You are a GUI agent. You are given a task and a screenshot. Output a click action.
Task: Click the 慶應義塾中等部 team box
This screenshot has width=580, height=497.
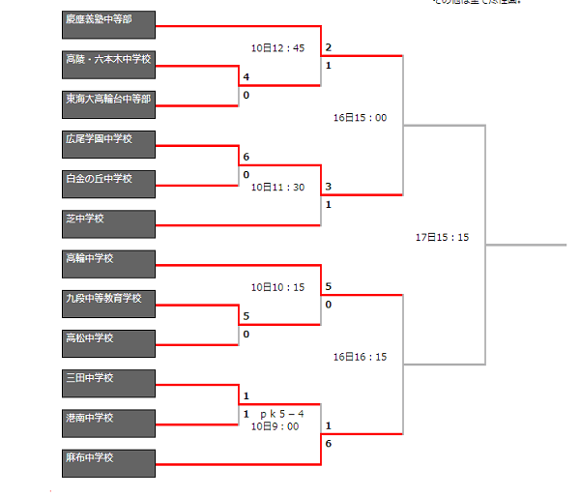pos(108,25)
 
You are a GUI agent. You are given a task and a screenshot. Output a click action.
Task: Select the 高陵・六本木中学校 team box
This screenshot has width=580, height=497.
pos(108,65)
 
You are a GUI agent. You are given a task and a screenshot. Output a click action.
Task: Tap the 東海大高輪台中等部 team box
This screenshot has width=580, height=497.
pos(108,104)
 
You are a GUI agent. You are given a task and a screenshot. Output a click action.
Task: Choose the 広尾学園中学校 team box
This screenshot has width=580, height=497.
pos(108,145)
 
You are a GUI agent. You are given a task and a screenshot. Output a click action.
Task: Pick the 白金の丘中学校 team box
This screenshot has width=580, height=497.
pos(108,185)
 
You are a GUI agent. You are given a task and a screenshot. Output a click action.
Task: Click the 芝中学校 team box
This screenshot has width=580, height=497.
pos(108,224)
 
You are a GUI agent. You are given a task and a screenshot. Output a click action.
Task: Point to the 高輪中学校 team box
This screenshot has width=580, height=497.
pos(108,264)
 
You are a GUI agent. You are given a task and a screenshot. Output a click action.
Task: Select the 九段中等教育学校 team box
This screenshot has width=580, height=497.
pos(108,304)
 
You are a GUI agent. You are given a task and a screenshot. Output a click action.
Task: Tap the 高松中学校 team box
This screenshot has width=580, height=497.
pos(108,344)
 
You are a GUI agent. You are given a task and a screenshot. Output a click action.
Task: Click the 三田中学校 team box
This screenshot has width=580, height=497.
pos(108,384)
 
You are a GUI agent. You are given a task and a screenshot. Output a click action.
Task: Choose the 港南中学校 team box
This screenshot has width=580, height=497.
pos(108,424)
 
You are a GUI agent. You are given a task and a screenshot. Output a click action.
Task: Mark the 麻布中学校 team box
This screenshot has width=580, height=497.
pos(108,463)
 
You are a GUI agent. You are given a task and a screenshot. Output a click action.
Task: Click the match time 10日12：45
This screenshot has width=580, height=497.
pos(277,48)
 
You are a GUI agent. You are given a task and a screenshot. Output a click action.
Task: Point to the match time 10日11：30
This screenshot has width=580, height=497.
pos(277,188)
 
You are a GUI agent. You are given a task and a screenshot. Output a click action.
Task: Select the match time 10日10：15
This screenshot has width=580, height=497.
pos(277,287)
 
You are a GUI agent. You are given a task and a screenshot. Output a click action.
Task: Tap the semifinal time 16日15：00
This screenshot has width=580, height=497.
pos(360,118)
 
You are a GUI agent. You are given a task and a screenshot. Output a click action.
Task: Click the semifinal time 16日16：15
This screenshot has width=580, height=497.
pos(360,357)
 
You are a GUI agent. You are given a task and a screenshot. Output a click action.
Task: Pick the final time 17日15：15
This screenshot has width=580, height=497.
pos(442,237)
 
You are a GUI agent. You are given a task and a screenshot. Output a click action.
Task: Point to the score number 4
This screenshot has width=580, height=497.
pos(246,77)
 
